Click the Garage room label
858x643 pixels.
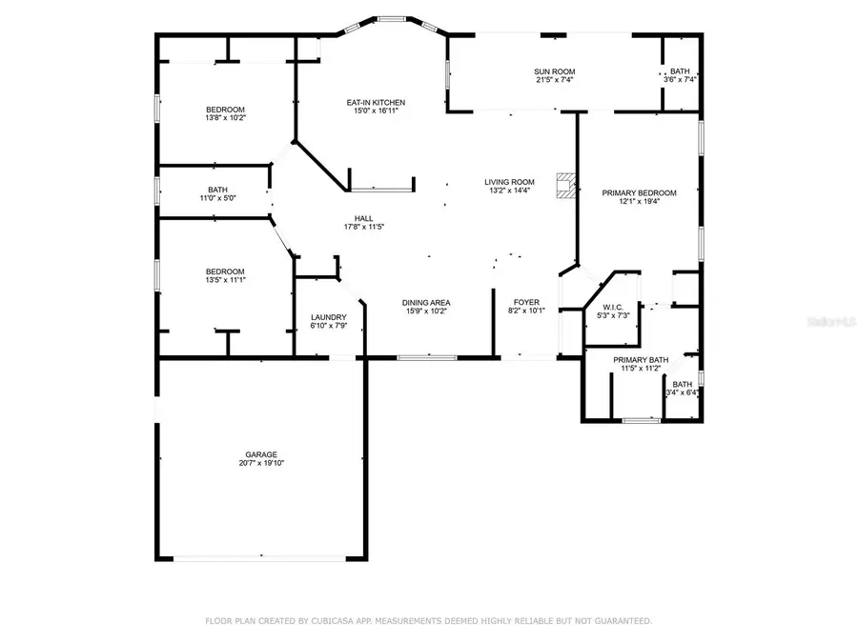tap(261, 454)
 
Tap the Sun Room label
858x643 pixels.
tap(554, 71)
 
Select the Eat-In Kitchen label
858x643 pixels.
tap(376, 102)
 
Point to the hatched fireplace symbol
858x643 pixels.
tap(565, 186)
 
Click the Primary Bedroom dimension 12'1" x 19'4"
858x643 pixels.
tap(639, 201)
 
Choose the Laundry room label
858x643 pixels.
tap(328, 317)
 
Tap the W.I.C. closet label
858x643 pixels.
tap(613, 308)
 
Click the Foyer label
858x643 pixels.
tap(526, 302)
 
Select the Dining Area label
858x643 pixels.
tap(426, 303)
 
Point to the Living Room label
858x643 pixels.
tap(509, 182)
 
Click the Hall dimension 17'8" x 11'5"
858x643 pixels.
tap(364, 227)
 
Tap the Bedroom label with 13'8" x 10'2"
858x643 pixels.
tap(225, 110)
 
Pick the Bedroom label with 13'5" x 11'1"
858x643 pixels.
tap(225, 271)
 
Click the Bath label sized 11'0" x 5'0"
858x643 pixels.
tap(217, 190)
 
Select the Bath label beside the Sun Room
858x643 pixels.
tap(680, 71)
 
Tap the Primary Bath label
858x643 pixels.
tap(641, 360)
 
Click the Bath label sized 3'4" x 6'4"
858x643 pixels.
tap(683, 385)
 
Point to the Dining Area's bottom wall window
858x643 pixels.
tap(427, 358)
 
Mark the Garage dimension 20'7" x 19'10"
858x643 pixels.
tap(261, 463)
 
